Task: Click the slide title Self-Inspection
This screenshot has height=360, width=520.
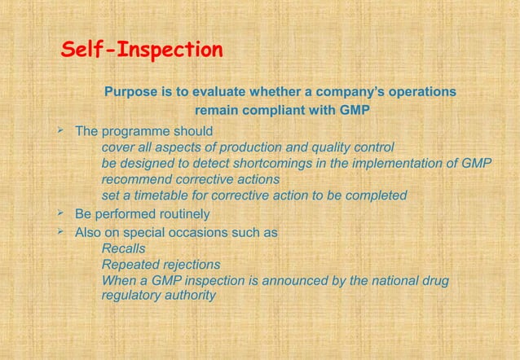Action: (x=143, y=50)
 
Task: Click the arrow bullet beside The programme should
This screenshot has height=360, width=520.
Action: (x=61, y=130)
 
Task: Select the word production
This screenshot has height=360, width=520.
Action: (x=283, y=147)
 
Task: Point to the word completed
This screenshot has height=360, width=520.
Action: (x=376, y=195)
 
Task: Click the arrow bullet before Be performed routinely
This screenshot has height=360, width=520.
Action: (x=61, y=213)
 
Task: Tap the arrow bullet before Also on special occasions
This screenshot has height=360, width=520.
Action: (x=61, y=231)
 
